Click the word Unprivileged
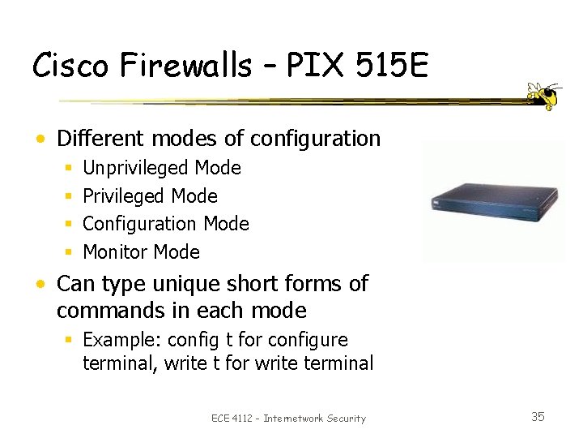[136, 168]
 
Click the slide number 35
[538, 417]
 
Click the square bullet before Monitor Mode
[69, 252]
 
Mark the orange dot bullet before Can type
[40, 285]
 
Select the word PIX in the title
[325, 65]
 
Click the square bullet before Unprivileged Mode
[69, 169]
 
